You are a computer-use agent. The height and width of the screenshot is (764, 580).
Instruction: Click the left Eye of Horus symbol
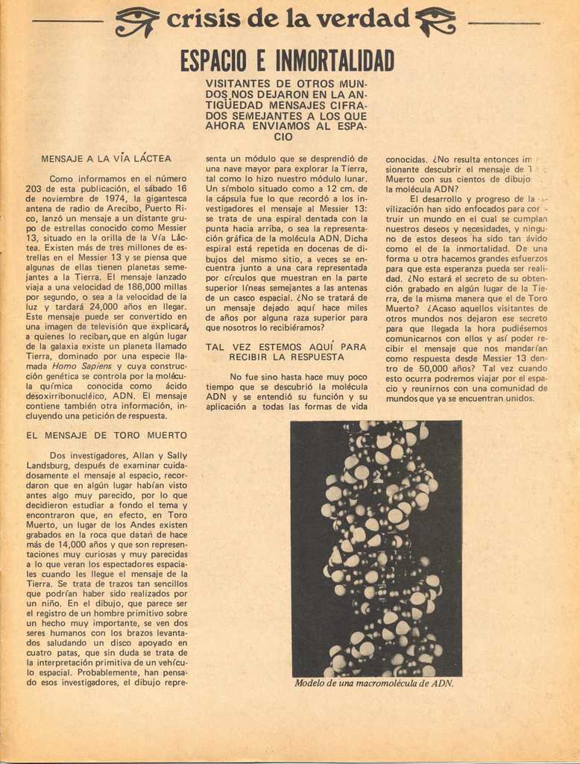[x=137, y=21]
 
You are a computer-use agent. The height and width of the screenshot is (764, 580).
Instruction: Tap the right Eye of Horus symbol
[x=436, y=21]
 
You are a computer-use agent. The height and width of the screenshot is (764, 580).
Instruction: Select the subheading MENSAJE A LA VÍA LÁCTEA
[x=106, y=159]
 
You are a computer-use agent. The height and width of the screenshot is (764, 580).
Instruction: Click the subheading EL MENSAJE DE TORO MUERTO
[x=107, y=435]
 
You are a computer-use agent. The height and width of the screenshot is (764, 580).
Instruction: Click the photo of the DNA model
[x=376, y=548]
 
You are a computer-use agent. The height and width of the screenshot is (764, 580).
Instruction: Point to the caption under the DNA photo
[x=374, y=683]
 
